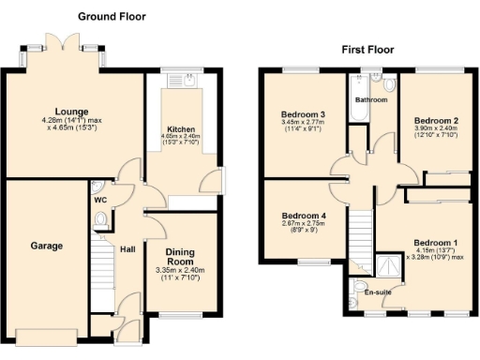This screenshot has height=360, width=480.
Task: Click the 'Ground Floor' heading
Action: tap(112, 16)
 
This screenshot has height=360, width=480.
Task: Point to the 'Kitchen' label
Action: tap(181, 129)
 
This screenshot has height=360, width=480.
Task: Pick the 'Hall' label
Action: tap(127, 249)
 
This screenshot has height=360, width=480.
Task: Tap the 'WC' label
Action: tap(100, 200)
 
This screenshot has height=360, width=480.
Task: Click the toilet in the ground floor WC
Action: tap(101, 221)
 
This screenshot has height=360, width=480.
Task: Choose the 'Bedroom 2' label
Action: tap(436, 121)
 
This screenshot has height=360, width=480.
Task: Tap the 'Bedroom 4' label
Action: tap(304, 216)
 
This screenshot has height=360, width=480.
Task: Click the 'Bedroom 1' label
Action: tap(436, 245)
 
